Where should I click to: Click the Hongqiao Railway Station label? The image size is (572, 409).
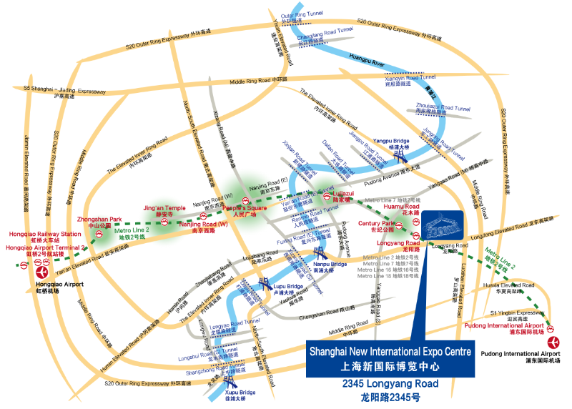45,234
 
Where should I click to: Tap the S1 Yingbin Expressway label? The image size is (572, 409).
518,312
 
